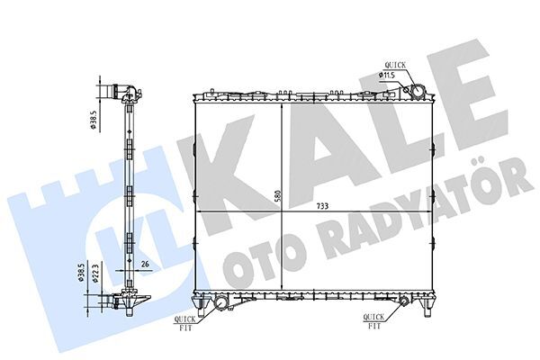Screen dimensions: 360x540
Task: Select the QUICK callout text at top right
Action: pos(395,65)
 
